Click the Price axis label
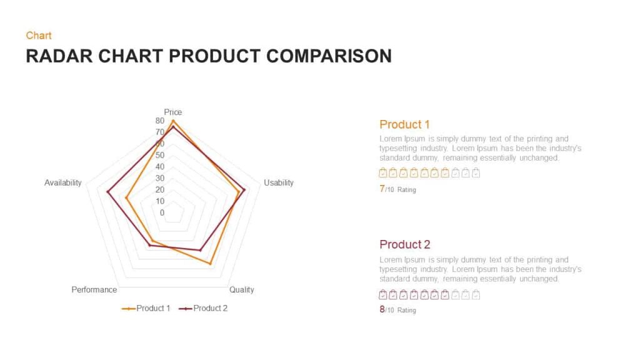pyautogui.click(x=173, y=112)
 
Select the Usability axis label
pyautogui.click(x=278, y=182)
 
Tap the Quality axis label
pyautogui.click(x=242, y=290)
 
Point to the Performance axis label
pyautogui.click(x=94, y=290)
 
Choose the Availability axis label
pyautogui.click(x=62, y=182)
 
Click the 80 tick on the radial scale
pyautogui.click(x=160, y=121)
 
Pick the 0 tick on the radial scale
pyautogui.click(x=162, y=212)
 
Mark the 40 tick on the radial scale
pyautogui.click(x=160, y=167)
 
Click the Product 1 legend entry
pyautogui.click(x=147, y=308)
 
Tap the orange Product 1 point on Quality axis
pyautogui.click(x=211, y=264)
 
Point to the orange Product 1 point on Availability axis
pyautogui.click(x=126, y=198)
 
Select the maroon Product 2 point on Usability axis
pyautogui.click(x=244, y=190)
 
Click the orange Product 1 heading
pyautogui.click(x=404, y=124)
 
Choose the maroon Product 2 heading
pyautogui.click(x=404, y=244)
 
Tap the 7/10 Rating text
pyautogui.click(x=397, y=189)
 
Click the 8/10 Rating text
pyautogui.click(x=397, y=309)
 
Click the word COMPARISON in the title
pyautogui.click(x=329, y=56)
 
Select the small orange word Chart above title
pyautogui.click(x=39, y=36)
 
